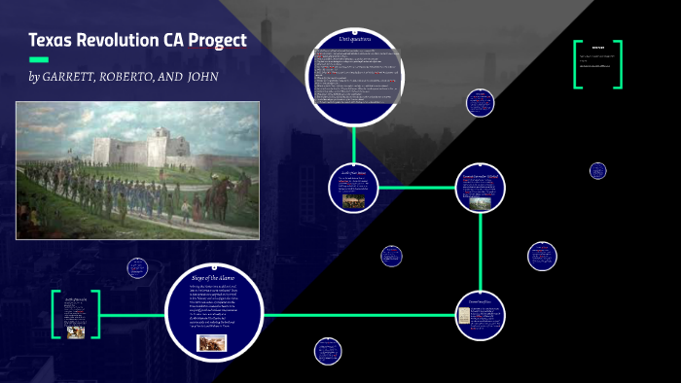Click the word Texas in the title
pos(54,41)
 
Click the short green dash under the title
pos(39,59)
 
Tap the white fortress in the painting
pos(136,152)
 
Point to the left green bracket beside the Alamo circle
pos(55,314)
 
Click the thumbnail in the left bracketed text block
pos(75,329)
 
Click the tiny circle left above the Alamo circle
pos(137,267)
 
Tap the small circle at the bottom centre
pos(328,351)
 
